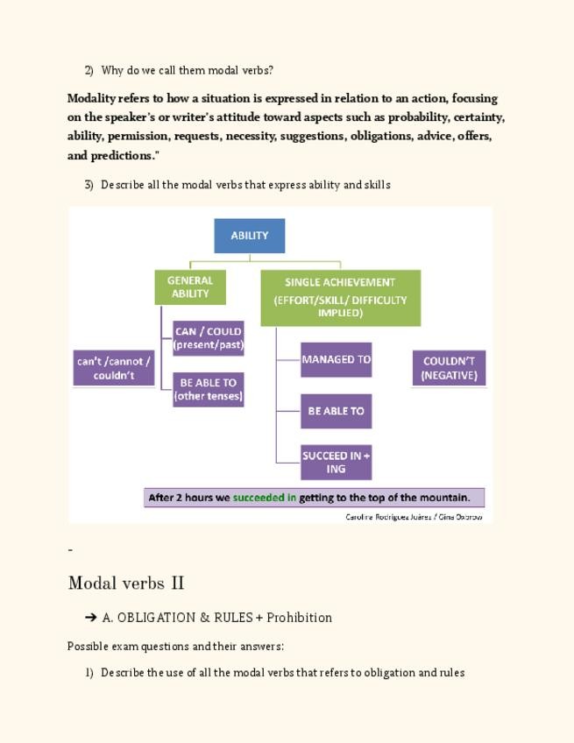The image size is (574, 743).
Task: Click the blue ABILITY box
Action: (x=250, y=236)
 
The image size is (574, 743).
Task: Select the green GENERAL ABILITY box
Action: (x=190, y=287)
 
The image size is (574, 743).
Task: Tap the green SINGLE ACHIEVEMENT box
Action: (x=340, y=297)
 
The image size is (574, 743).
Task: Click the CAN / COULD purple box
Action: (x=209, y=338)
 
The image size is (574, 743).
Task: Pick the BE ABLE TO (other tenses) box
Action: (x=209, y=389)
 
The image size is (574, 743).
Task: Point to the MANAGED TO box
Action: (x=336, y=360)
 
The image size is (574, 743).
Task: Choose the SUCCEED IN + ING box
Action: (x=336, y=462)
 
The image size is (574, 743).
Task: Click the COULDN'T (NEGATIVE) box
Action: (x=449, y=368)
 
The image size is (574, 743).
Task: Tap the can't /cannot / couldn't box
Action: (x=114, y=368)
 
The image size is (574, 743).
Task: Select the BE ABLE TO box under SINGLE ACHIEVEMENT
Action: (x=336, y=411)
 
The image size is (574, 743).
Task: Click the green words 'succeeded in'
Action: (x=265, y=498)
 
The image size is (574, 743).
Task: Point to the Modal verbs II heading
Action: (x=126, y=584)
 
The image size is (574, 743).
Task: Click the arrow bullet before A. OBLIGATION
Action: (x=91, y=618)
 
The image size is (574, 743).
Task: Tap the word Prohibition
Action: (x=299, y=618)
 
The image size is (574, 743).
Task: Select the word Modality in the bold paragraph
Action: (x=91, y=98)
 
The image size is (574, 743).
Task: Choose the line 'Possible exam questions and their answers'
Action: (x=175, y=647)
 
